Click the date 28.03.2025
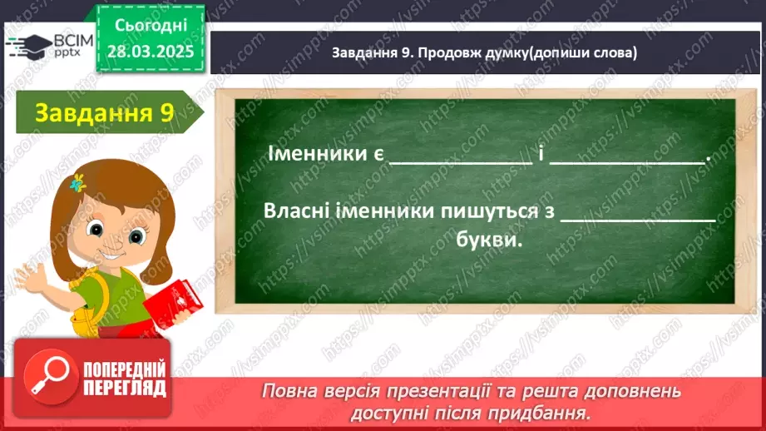(151, 51)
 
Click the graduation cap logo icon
(27, 47)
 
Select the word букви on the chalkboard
(491, 240)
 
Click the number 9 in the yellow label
(166, 113)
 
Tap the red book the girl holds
(172, 304)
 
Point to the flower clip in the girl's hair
(79, 181)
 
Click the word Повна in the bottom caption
(288, 391)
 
